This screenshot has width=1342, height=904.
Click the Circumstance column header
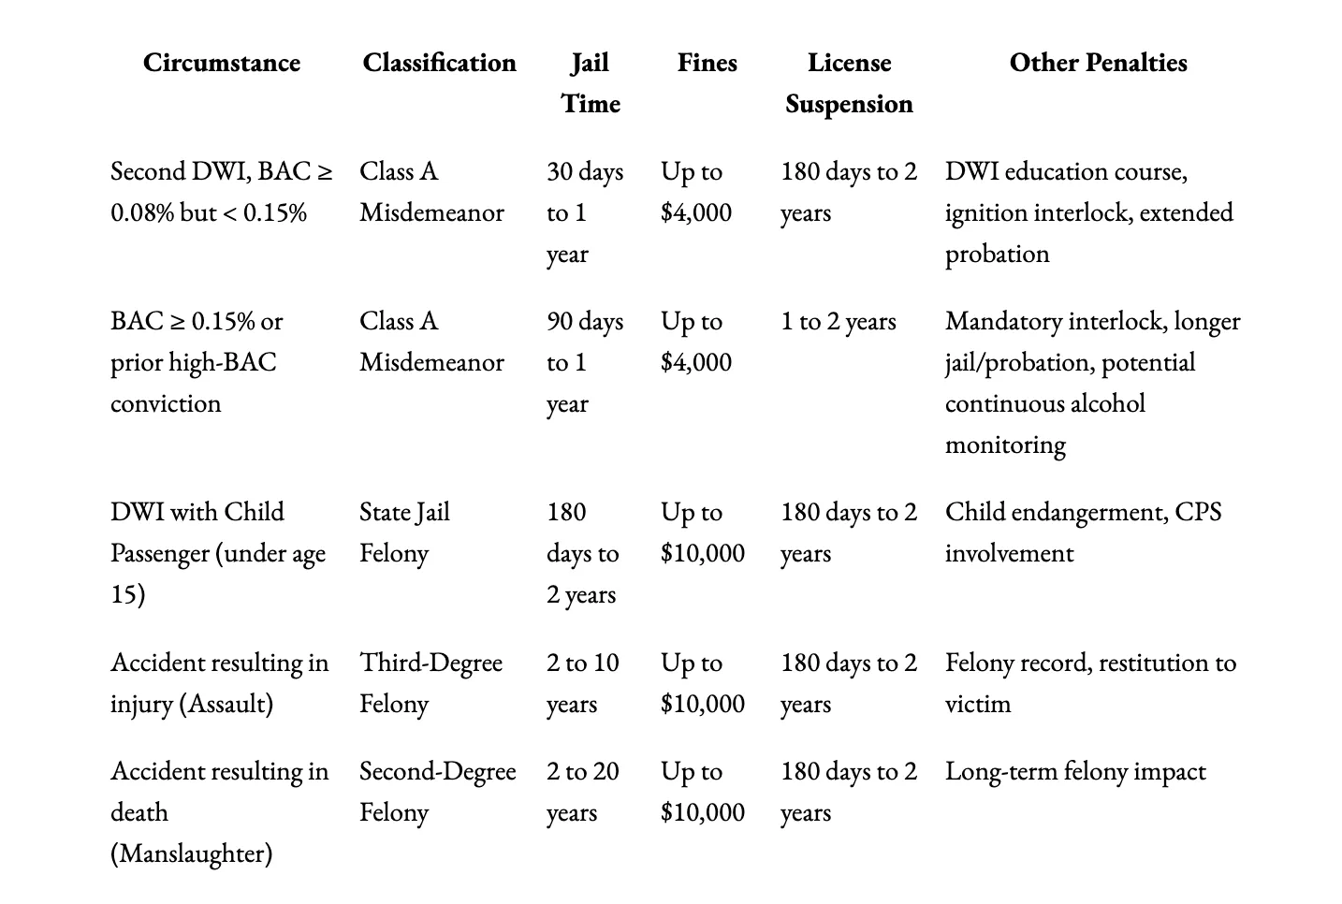click(x=222, y=63)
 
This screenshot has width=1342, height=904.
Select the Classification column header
click(x=439, y=63)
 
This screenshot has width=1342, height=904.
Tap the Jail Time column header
click(x=591, y=82)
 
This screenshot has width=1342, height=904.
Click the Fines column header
click(x=707, y=63)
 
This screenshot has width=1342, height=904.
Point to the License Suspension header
click(x=849, y=82)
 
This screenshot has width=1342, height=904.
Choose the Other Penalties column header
click(x=1098, y=63)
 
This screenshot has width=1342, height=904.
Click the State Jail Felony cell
click(x=404, y=532)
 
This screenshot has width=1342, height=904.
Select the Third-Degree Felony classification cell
click(x=430, y=682)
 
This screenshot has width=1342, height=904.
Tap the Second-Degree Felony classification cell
click(x=437, y=791)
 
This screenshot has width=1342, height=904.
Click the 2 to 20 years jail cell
click(x=582, y=791)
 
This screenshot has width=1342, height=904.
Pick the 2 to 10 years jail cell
click(x=582, y=682)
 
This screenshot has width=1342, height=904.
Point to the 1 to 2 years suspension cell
click(x=839, y=321)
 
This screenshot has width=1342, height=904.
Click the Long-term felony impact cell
click(x=1075, y=771)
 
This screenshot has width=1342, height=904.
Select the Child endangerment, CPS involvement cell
click(x=1083, y=532)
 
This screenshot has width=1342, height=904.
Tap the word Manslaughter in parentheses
click(x=192, y=853)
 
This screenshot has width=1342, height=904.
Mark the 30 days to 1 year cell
click(x=584, y=212)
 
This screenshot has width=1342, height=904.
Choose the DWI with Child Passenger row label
click(x=217, y=552)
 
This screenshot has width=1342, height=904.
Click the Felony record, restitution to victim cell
click(x=1090, y=682)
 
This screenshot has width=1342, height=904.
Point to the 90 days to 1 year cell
click(x=584, y=362)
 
